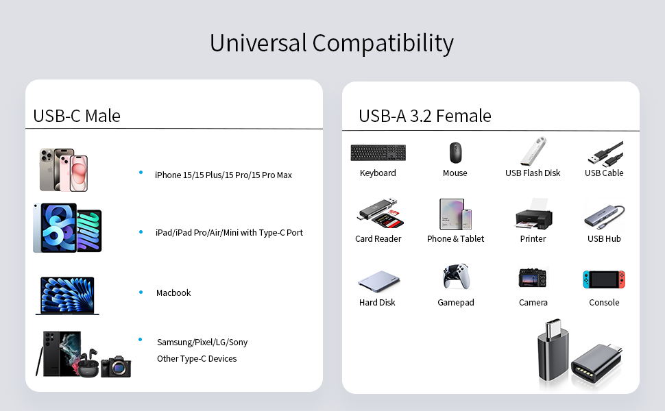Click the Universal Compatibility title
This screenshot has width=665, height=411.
coord(331,43)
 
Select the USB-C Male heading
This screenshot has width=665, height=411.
coord(77,116)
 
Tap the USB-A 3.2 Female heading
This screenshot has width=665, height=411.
coord(424,116)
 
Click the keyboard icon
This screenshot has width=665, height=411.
coord(378,152)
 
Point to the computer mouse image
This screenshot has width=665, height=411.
coord(455,152)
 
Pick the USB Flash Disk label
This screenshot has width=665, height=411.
coord(533,173)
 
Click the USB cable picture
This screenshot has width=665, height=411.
coord(605,153)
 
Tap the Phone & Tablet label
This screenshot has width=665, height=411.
coord(455,239)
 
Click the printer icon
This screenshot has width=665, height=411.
coord(533,215)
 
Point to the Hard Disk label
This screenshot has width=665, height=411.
coord(377,303)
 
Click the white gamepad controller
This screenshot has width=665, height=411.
coord(455,277)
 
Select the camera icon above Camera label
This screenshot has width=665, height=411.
coord(533,277)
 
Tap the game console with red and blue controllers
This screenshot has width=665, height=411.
coord(604,279)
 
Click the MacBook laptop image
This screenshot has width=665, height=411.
coord(67,295)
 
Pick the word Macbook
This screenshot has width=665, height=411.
coord(173,293)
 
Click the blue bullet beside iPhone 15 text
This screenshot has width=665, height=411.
coord(141,173)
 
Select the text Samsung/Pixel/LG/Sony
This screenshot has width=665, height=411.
coord(202,342)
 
